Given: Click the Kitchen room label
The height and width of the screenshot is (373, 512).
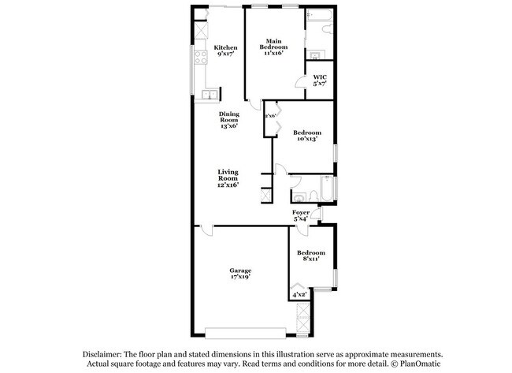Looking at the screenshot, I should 225,47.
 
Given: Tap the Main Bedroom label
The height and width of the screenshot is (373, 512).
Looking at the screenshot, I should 273,44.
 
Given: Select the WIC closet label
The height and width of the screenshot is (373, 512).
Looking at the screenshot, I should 319,77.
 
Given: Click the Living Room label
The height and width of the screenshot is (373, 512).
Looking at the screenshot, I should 228,174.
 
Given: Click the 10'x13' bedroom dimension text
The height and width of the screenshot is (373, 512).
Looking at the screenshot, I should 306,139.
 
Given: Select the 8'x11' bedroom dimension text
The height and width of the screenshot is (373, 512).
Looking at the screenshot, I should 310,258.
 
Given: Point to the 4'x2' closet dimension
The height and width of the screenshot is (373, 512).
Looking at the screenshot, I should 300,295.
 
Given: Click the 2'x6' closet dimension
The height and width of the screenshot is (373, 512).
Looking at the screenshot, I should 270,116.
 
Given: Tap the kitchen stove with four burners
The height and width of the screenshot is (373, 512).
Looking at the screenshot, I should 199,57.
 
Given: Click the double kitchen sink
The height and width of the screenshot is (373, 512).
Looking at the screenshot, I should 210,95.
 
